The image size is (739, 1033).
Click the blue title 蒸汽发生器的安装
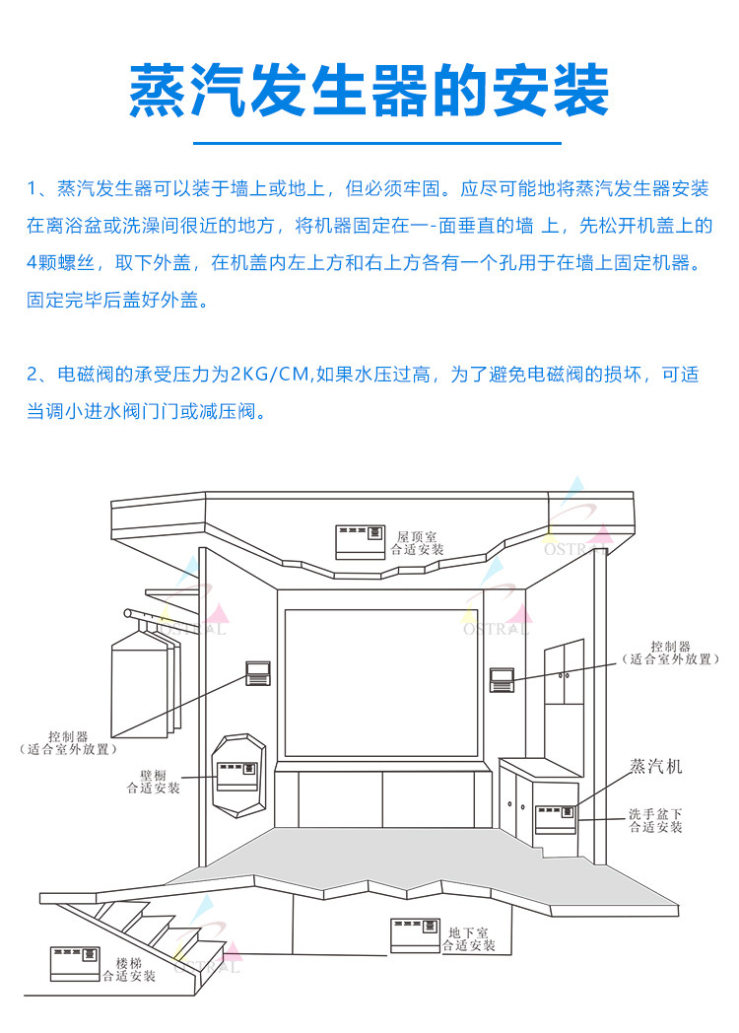coord(369,91)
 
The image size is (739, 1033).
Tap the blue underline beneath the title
coord(369,143)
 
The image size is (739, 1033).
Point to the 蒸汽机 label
coord(656,765)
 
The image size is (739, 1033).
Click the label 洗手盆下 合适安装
coord(656,820)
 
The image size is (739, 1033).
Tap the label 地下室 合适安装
coord(468,938)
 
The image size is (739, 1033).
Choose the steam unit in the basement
coord(414,935)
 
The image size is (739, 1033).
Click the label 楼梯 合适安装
coord(129,969)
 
